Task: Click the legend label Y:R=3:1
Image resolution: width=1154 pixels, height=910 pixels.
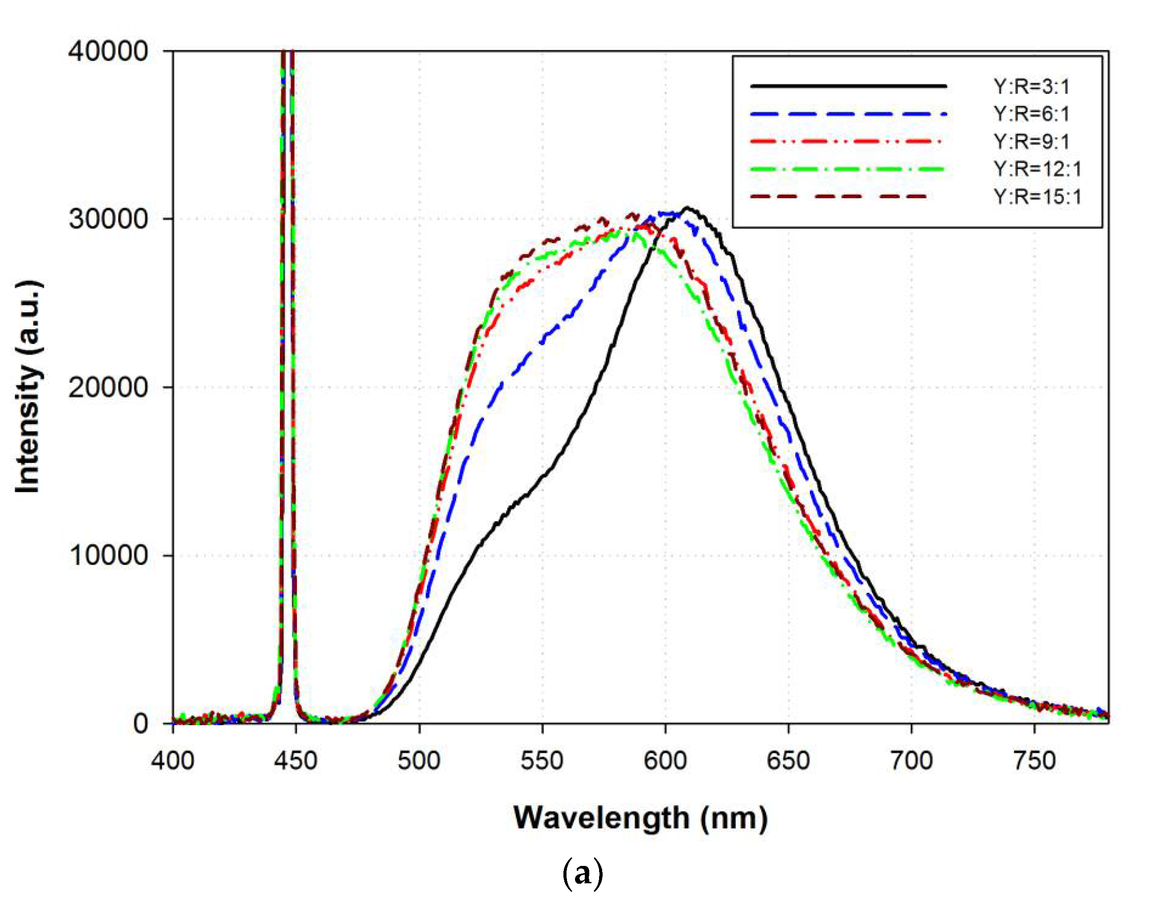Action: (x=1031, y=86)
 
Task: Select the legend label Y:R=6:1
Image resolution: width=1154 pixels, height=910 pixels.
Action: (x=1031, y=114)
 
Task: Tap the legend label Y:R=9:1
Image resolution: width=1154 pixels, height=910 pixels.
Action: (x=1031, y=141)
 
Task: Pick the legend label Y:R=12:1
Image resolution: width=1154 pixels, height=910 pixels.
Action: (x=1037, y=169)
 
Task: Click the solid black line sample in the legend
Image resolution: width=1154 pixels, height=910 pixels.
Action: (x=847, y=85)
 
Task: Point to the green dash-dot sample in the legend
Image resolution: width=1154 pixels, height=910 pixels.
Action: (x=847, y=169)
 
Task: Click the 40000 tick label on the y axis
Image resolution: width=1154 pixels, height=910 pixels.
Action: (x=108, y=52)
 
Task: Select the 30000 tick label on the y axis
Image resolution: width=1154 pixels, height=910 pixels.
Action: (x=108, y=219)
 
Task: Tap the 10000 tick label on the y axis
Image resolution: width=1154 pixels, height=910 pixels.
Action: (x=108, y=555)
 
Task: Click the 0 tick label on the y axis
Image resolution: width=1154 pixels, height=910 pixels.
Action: (x=141, y=723)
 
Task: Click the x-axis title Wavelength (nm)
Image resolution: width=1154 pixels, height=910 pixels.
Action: (x=640, y=818)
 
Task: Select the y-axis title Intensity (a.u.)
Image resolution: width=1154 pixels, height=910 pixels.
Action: (x=28, y=386)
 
